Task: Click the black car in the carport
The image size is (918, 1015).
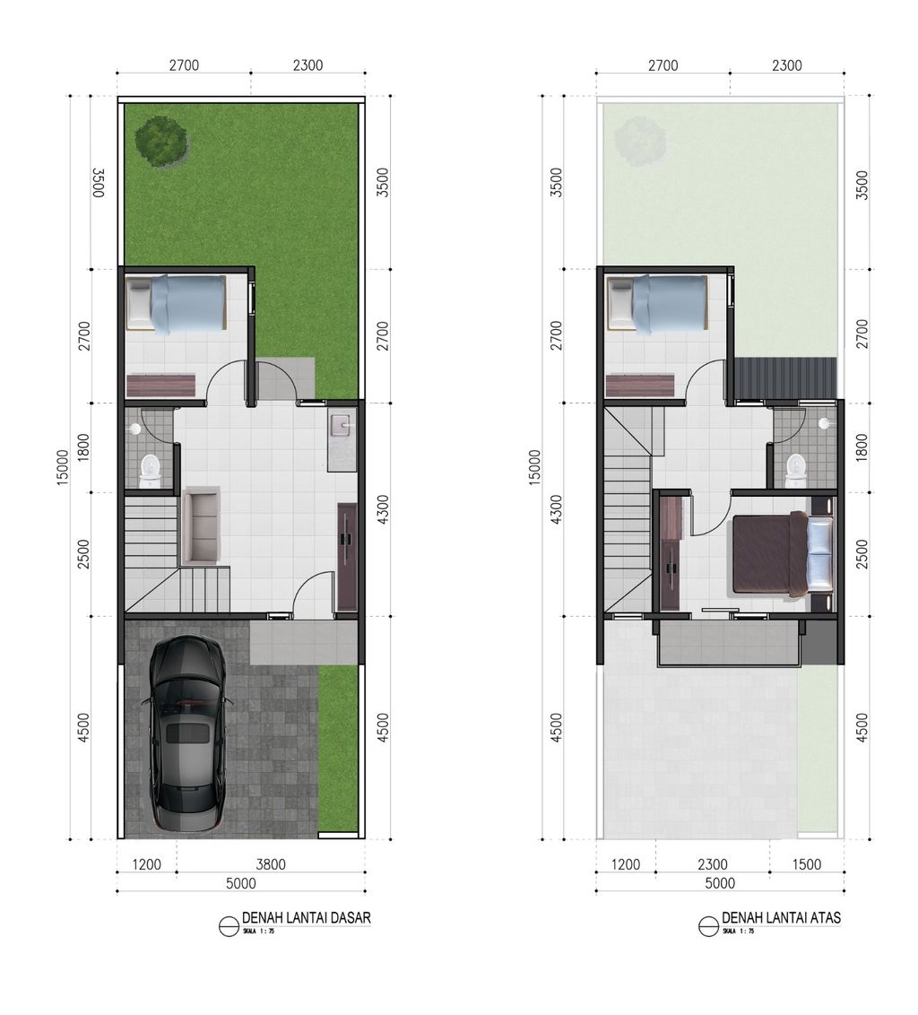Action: coord(186,733)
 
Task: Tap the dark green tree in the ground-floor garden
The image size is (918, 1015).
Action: coord(161,139)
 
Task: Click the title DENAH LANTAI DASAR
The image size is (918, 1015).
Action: coord(306,918)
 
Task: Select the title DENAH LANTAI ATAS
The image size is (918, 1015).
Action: coord(781,918)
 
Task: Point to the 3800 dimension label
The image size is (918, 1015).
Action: coord(271,864)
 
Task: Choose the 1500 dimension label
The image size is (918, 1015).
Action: coord(807,864)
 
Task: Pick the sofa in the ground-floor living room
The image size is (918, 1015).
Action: coord(201,526)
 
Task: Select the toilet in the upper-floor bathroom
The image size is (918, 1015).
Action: coord(796,468)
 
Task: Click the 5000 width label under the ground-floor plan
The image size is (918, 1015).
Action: coord(240,883)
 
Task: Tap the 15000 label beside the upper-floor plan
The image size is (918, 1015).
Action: coord(535,466)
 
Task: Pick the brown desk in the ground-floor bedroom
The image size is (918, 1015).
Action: coord(160,386)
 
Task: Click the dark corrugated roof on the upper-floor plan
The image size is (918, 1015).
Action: coord(784,377)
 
